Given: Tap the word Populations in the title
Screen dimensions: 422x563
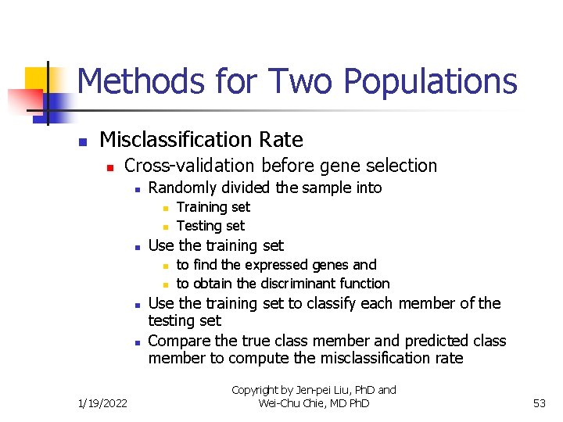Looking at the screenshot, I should point(429,82).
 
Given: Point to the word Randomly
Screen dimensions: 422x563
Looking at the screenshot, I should point(181,188).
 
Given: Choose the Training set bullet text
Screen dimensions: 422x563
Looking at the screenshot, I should point(213,207).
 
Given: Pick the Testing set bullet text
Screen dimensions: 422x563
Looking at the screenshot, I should point(210,226).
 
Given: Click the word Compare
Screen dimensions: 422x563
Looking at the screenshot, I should point(178,342).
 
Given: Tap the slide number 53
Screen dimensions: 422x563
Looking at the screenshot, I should point(539,403).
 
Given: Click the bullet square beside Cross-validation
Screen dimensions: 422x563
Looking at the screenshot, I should point(110,167).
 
